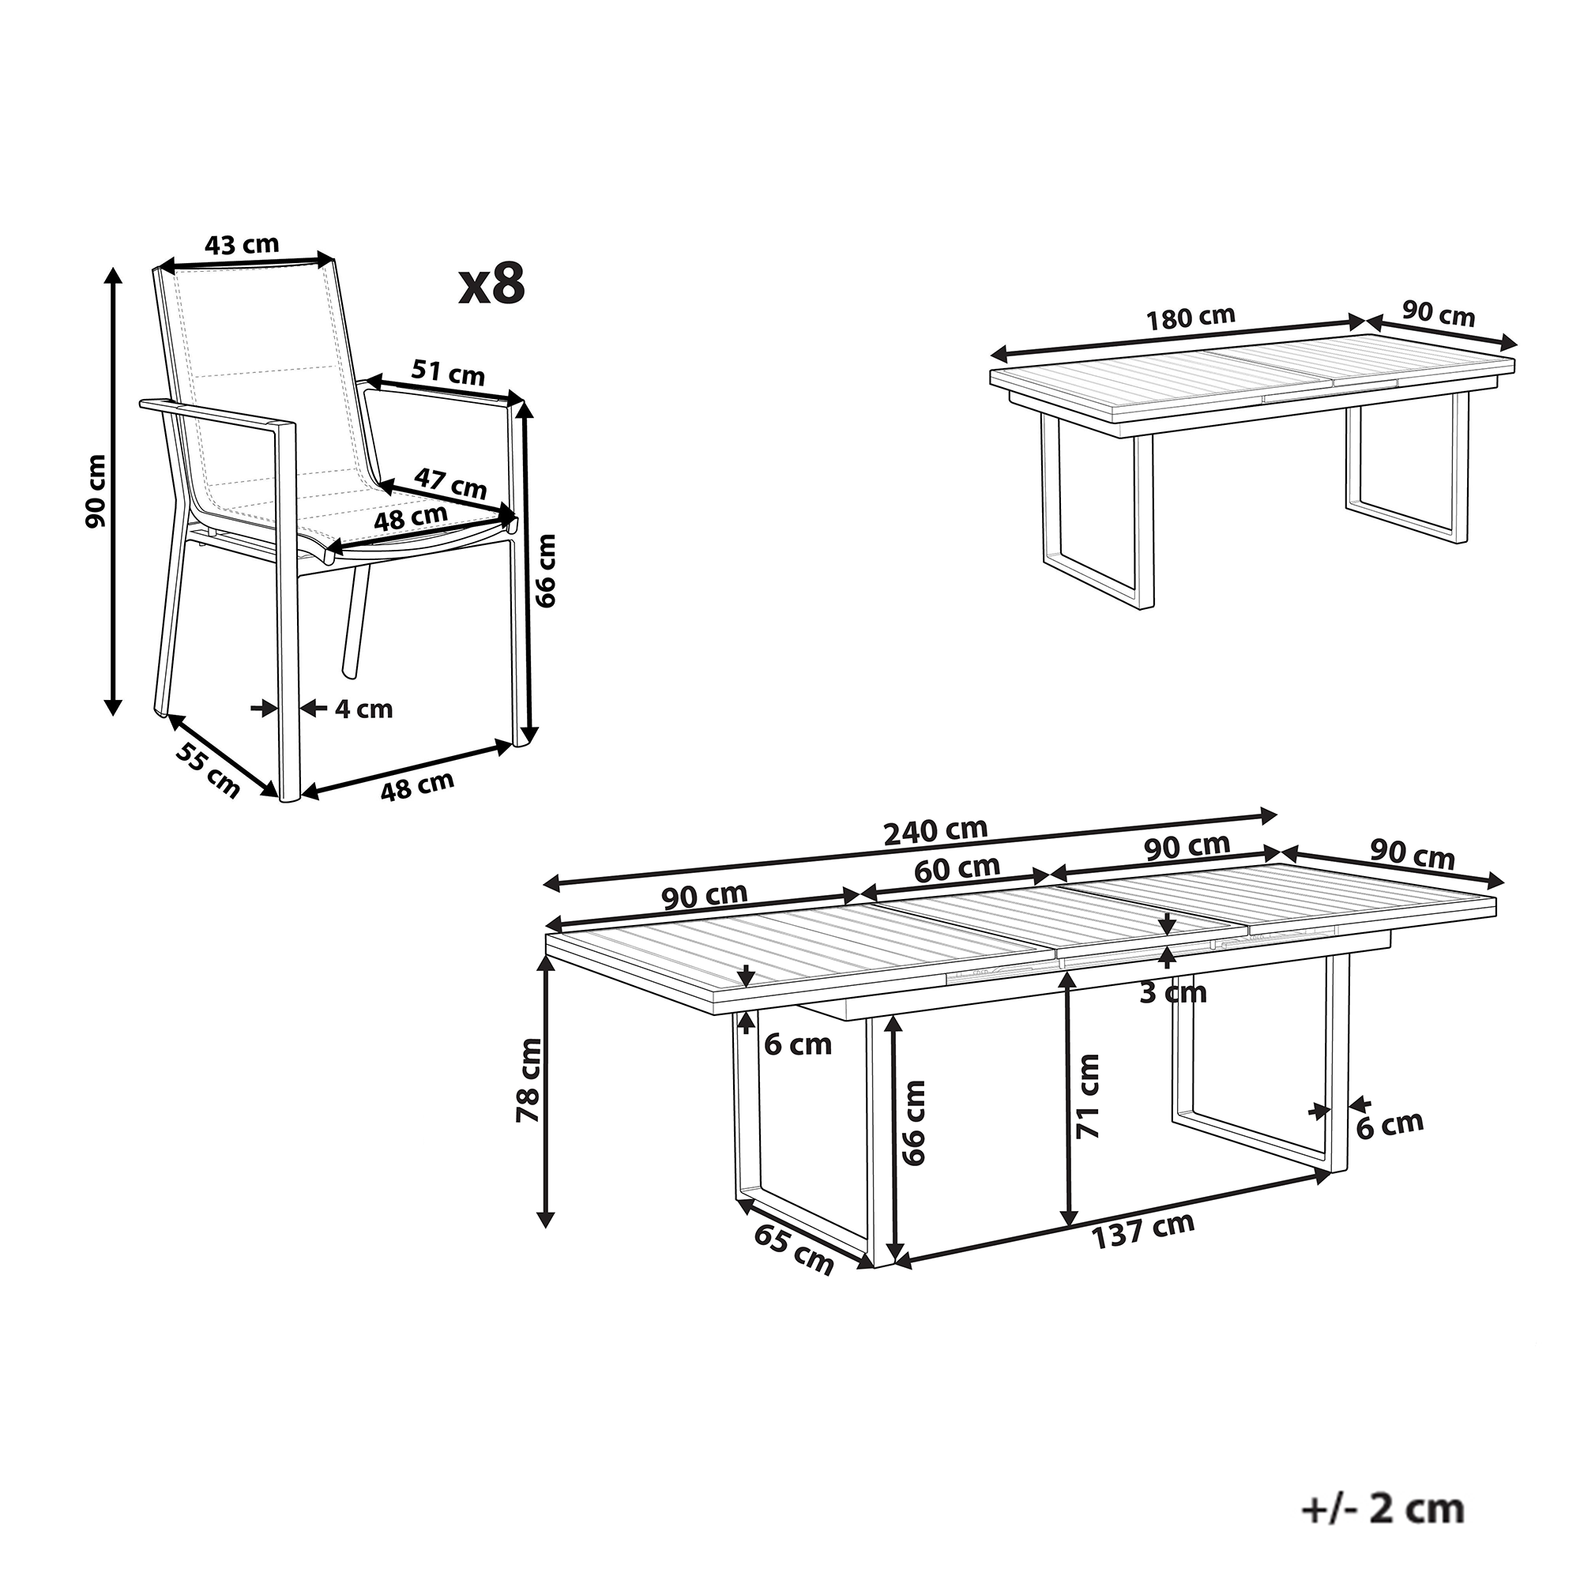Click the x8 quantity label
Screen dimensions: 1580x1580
pyautogui.click(x=491, y=284)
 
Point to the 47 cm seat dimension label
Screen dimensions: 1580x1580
pyautogui.click(x=450, y=483)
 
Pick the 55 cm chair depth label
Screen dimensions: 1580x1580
pyautogui.click(x=209, y=771)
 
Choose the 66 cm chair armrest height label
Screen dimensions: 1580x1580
pyautogui.click(x=545, y=570)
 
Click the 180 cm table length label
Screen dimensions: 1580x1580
pyautogui.click(x=1190, y=318)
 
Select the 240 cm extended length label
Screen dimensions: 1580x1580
pyautogui.click(x=935, y=832)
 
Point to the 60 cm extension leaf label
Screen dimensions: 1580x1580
pyautogui.click(x=957, y=868)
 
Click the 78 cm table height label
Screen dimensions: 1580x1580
pyautogui.click(x=529, y=1079)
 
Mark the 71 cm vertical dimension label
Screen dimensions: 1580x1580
pyautogui.click(x=1088, y=1097)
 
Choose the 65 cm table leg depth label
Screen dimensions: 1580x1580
pyautogui.click(x=793, y=1251)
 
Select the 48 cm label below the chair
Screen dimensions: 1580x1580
pyautogui.click(x=417, y=784)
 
